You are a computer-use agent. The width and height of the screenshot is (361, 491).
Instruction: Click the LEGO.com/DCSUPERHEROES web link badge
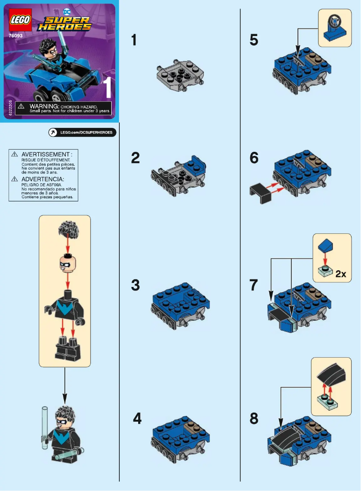[x=82, y=132]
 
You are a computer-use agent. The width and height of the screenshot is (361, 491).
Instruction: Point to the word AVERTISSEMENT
[x=46, y=154]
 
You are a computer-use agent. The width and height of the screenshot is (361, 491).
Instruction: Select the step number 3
[x=135, y=285]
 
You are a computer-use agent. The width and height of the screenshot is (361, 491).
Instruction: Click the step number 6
[x=254, y=158]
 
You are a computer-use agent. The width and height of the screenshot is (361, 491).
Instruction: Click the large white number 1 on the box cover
[x=107, y=88]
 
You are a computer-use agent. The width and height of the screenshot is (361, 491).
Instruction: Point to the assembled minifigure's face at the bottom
[x=63, y=422]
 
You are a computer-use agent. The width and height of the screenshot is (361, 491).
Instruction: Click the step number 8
[x=254, y=419]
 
